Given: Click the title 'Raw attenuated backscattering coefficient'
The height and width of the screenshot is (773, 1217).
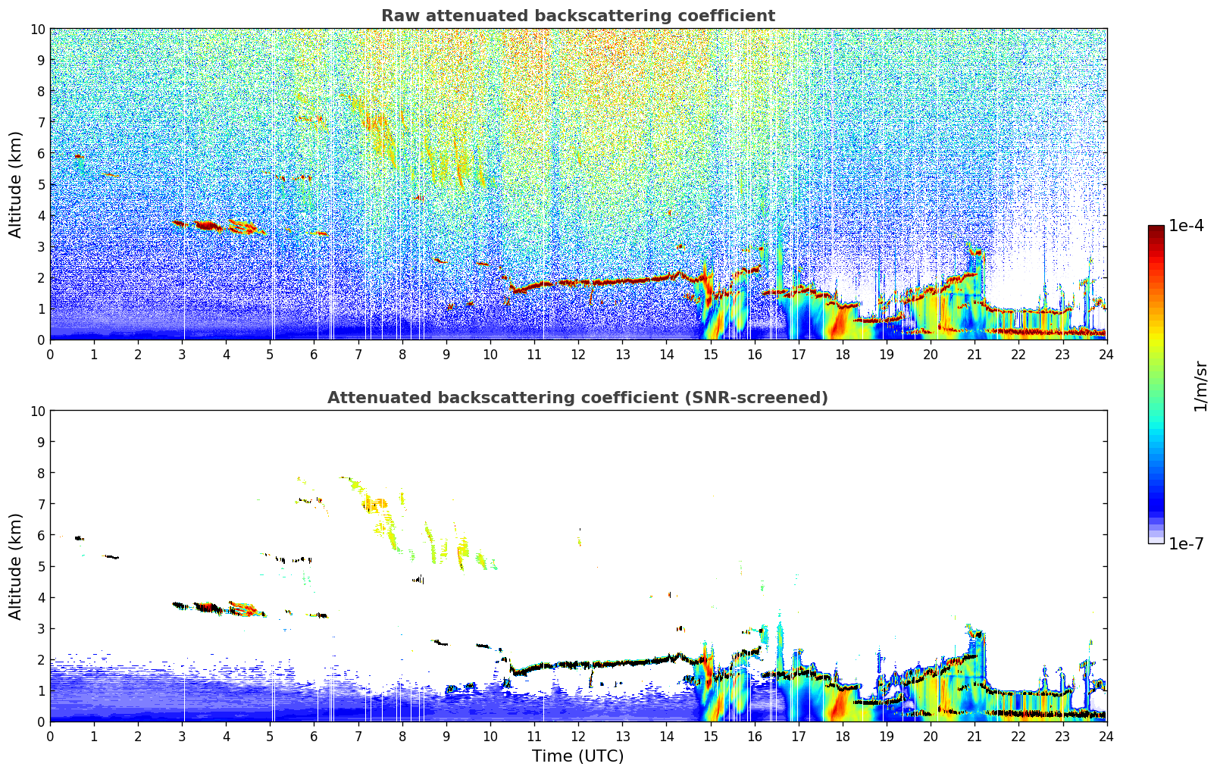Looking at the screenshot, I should point(577,16).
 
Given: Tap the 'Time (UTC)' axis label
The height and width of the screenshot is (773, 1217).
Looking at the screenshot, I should point(577,756).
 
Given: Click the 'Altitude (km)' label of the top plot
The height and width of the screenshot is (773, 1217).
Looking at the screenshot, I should point(16,184).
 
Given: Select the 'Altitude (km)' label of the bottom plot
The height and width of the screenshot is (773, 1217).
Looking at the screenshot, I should point(16,566).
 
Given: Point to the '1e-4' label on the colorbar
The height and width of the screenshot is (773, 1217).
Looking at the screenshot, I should point(1186,226).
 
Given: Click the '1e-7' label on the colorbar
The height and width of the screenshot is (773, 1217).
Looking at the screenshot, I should point(1186,543).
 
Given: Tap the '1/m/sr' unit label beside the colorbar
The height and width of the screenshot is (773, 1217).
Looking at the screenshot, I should point(1200,385).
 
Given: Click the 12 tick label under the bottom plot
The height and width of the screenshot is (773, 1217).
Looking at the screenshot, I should point(578,736).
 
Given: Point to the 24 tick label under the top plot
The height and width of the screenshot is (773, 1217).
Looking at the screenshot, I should point(1106,354).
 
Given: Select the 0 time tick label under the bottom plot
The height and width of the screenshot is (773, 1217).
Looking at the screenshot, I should point(51,736).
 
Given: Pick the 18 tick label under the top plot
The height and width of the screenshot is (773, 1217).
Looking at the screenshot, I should point(843,354).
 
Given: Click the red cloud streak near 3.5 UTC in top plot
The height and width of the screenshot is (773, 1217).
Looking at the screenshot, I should point(206,225).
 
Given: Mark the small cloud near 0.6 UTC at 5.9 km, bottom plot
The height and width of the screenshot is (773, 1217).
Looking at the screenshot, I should point(79,538).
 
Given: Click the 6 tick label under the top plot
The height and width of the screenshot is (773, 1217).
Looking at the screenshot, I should point(314,354).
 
